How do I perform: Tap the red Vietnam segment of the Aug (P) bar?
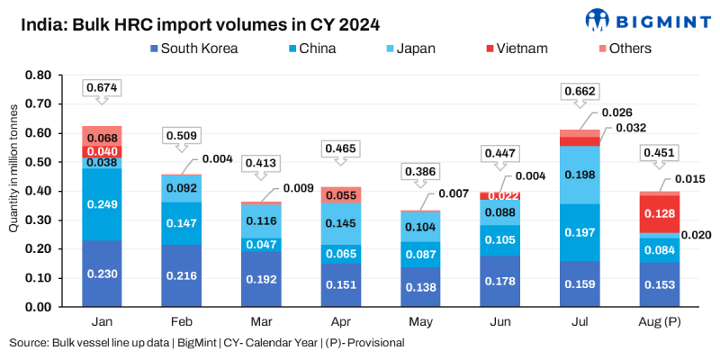pos(660,213)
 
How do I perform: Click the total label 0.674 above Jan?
pos(103,87)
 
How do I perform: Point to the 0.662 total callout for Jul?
pos(580,91)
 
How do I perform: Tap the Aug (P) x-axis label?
pos(660,320)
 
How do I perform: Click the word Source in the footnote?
pos(30,343)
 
